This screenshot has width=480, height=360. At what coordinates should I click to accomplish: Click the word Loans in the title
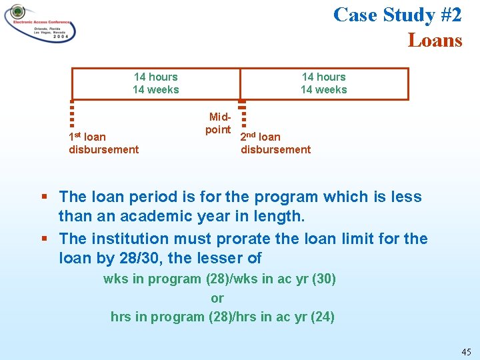435,41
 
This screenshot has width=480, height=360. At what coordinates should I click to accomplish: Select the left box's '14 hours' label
155,77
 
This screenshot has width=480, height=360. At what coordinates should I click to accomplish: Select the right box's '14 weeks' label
323,90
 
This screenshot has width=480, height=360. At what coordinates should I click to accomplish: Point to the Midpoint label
218,123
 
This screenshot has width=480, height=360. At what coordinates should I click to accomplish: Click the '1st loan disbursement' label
103,143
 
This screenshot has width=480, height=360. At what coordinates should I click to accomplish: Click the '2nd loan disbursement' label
275,143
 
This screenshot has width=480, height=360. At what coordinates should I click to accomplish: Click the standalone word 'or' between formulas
217,298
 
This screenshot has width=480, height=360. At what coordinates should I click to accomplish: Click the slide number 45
465,351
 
